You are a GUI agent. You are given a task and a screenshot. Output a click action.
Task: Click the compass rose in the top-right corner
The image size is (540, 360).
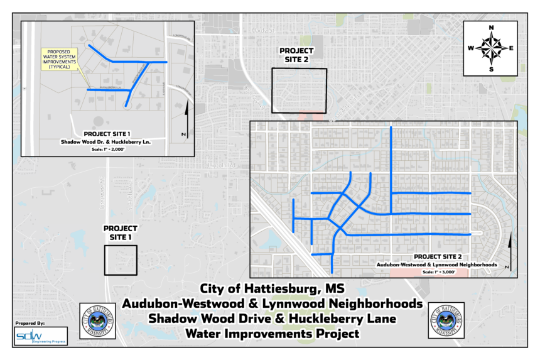click(x=490, y=48)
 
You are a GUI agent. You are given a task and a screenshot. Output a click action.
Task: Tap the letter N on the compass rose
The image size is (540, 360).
click(x=491, y=28)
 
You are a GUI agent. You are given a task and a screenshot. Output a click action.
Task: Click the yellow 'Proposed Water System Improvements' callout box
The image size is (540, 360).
click(x=60, y=58)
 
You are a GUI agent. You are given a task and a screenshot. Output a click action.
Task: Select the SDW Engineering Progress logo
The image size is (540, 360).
click(x=40, y=335)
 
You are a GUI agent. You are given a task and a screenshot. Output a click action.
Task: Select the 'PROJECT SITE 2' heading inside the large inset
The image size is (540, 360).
click(x=439, y=258)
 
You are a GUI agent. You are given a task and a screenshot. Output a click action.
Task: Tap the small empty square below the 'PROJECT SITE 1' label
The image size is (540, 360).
click(x=121, y=261)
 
